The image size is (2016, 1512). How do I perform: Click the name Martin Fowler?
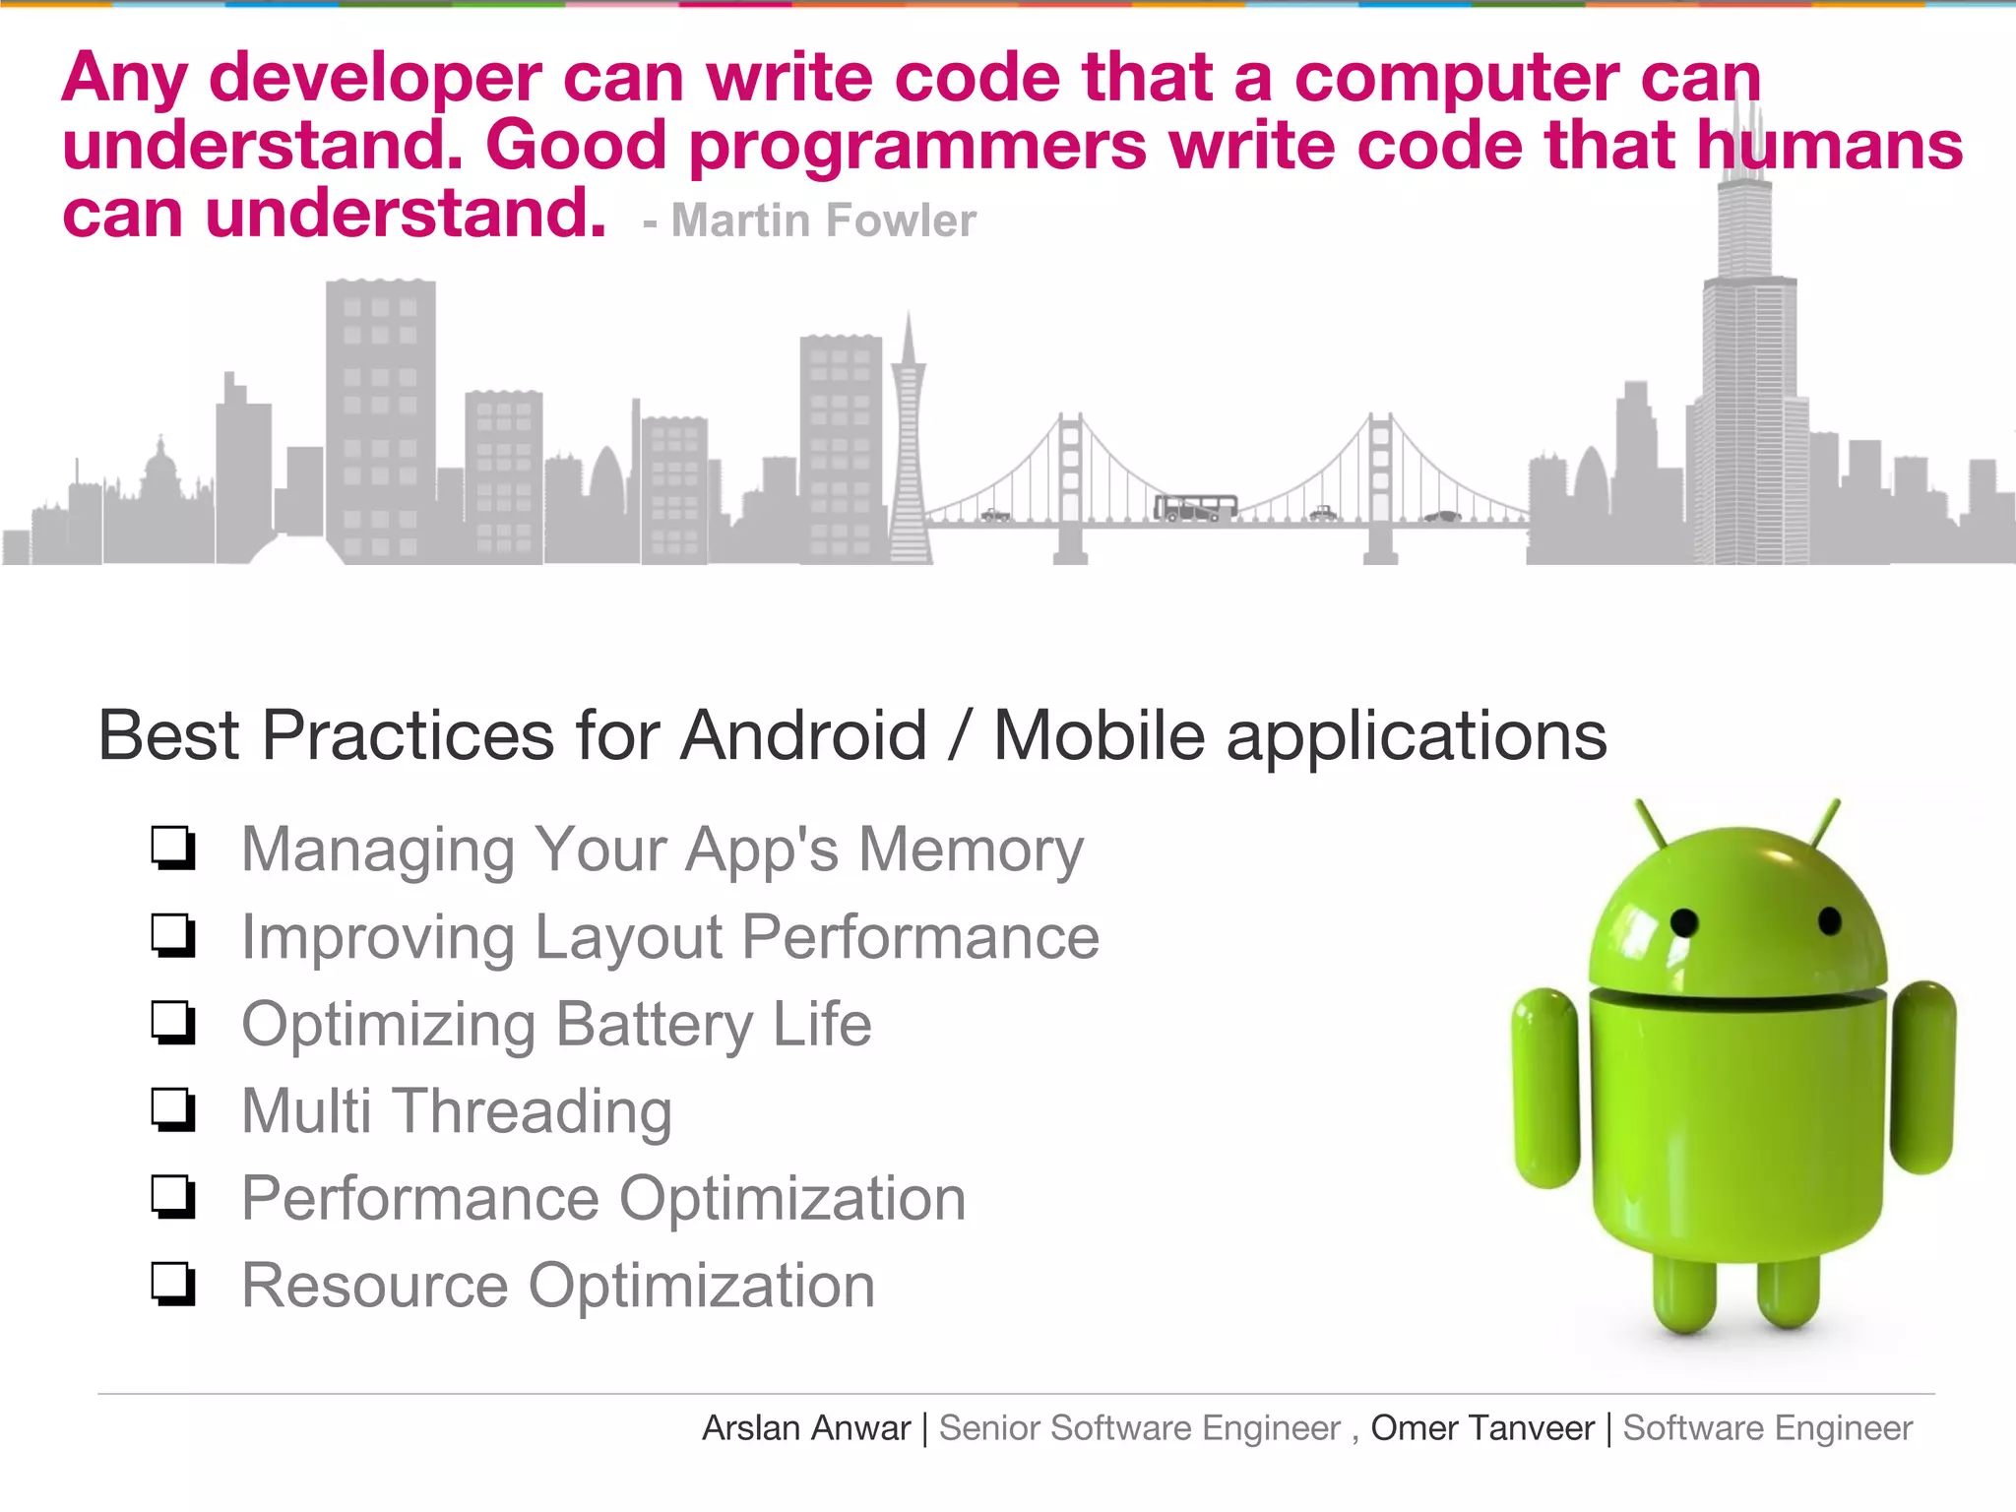tap(823, 220)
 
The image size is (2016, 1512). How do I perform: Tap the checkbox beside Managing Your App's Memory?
tap(173, 849)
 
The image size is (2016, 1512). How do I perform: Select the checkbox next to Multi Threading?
tap(173, 1110)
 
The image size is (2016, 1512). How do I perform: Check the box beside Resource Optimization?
tap(173, 1285)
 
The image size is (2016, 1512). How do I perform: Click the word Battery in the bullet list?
tap(654, 1025)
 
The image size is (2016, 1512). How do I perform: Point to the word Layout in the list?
tap(630, 937)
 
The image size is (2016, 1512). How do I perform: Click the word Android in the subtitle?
tap(803, 735)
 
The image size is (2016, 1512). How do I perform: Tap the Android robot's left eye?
tap(1684, 922)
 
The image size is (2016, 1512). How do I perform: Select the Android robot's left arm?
tap(1546, 1088)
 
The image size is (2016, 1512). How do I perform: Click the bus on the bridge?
tap(1195, 508)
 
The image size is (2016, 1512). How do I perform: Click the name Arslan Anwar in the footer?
tap(806, 1428)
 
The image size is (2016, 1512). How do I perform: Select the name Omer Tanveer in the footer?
tap(1482, 1428)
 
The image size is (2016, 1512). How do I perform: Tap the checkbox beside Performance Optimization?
tap(173, 1198)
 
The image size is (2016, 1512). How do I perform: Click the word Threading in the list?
tap(533, 1112)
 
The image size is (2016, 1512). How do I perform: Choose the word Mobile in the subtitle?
tap(1099, 735)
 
